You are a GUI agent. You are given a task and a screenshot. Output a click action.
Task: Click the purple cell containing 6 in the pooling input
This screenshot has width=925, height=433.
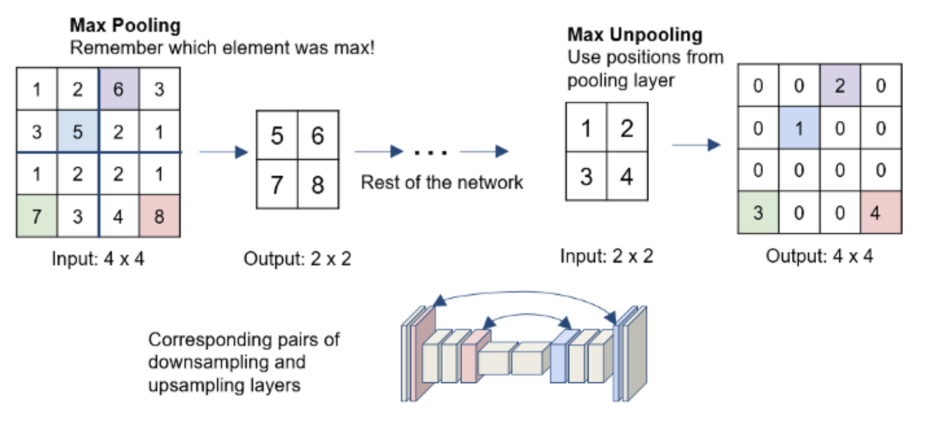[118, 89]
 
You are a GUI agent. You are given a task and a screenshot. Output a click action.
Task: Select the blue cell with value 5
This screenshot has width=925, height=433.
[78, 131]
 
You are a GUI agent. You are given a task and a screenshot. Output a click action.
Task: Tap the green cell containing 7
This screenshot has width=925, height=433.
[37, 216]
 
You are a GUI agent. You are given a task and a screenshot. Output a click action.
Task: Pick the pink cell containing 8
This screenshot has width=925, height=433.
[159, 216]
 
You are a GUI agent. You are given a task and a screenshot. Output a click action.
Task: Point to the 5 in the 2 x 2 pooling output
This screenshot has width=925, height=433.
[277, 136]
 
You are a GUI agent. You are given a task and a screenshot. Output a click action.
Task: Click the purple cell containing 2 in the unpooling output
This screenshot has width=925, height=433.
[840, 86]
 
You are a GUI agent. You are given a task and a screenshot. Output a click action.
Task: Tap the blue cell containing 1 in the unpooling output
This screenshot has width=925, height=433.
[799, 129]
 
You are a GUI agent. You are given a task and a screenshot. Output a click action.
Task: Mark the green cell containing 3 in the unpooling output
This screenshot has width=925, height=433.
[758, 213]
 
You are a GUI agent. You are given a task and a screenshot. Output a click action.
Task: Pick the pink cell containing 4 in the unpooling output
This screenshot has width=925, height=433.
[880, 213]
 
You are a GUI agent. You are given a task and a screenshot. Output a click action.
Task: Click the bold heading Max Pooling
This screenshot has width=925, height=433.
[125, 25]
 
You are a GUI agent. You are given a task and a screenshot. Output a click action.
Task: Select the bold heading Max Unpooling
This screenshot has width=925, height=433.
[635, 35]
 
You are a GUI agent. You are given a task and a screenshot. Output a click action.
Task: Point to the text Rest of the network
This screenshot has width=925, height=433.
[442, 182]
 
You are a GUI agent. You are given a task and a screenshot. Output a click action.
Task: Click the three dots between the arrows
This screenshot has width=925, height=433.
[431, 152]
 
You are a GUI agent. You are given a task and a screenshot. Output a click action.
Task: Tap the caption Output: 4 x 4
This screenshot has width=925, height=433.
[819, 256]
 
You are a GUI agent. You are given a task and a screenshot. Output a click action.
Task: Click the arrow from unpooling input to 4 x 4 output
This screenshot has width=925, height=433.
[696, 144]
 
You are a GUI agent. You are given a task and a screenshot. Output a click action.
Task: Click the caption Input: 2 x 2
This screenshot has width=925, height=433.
[606, 256]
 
